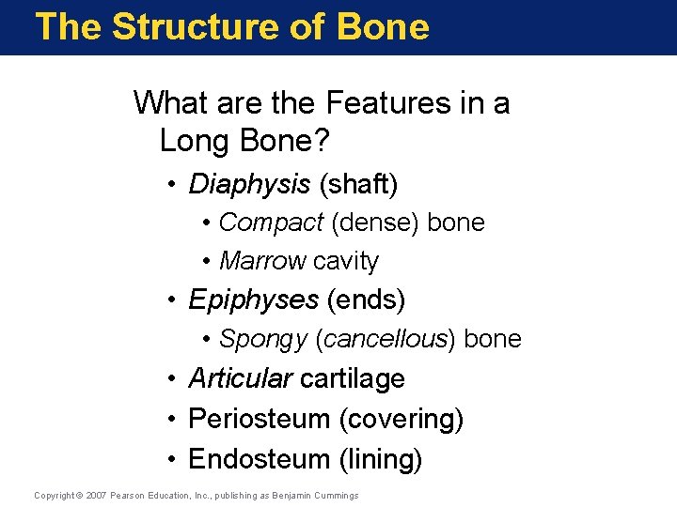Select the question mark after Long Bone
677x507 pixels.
point(323,141)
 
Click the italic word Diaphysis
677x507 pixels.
point(249,184)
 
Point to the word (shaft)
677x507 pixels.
point(358,184)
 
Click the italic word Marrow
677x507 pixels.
point(262,261)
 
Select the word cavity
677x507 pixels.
point(346,261)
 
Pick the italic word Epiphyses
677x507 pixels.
point(253,300)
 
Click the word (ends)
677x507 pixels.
point(366,300)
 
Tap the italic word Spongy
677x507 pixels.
point(263,339)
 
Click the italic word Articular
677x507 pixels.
point(240,378)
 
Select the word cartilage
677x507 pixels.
point(352,378)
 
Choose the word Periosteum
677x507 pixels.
point(259,419)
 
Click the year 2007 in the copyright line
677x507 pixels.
point(96,495)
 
